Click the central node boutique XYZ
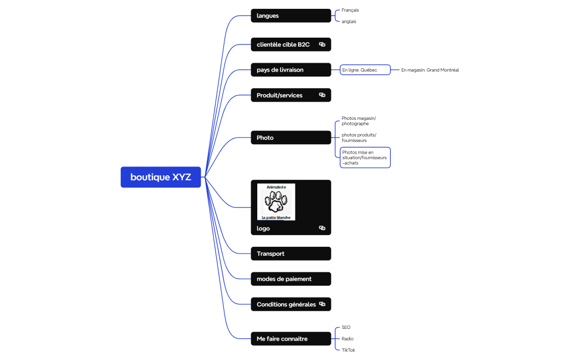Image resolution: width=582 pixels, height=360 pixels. pos(161,177)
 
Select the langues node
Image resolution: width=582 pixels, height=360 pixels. pos(290,16)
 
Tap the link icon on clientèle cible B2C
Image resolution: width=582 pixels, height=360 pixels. pos(322,44)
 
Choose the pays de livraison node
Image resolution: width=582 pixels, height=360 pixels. pos(290,70)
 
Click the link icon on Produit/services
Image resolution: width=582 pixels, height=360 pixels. pos(322,95)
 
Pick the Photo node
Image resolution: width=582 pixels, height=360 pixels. pos(290,138)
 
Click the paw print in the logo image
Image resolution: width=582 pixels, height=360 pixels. pos(276,202)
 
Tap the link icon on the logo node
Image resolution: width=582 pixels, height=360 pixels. pos(322,228)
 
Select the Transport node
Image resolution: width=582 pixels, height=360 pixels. pos(290,253)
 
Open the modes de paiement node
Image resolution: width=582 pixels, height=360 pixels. pos(290,279)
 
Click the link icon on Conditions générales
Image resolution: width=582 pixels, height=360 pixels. pos(322,304)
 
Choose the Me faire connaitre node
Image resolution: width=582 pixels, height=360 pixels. pos(290,338)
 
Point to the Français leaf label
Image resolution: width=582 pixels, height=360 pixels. pos(350,10)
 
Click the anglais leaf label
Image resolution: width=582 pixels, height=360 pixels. pos(349,22)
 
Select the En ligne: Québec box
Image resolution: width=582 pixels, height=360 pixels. pos(365,70)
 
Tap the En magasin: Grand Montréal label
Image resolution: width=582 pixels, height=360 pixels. pos(430,70)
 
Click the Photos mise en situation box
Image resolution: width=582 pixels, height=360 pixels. pos(365,158)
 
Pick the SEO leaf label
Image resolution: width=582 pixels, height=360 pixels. pos(346,327)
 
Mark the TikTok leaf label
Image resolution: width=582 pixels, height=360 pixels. pos(348,350)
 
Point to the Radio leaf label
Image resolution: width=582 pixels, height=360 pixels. pos(348,338)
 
